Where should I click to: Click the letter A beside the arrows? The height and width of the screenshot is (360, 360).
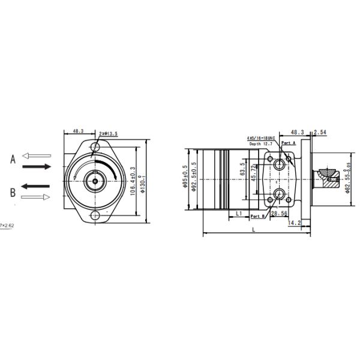tap(12, 159)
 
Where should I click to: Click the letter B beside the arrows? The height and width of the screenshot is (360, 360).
tap(12, 192)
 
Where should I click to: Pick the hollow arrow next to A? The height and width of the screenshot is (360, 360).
tap(36, 155)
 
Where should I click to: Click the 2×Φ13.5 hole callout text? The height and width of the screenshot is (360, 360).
tap(108, 134)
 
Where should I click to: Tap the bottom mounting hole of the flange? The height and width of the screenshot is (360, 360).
tap(95, 215)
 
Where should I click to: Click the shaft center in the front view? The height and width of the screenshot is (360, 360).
tap(95, 179)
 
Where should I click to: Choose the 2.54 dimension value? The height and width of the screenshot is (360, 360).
tap(320, 131)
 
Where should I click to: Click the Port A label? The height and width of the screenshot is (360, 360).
tap(289, 143)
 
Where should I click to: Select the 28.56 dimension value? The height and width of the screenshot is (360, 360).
tap(279, 213)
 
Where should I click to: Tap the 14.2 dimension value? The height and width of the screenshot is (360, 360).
tap(295, 223)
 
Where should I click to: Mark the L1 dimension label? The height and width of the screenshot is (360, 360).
tap(238, 213)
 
